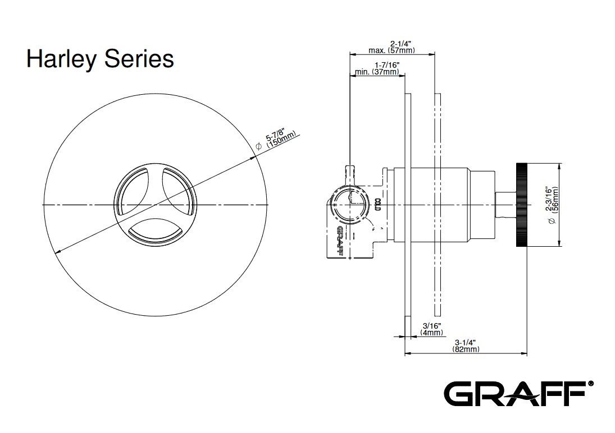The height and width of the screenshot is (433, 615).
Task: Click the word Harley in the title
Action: tap(60, 59)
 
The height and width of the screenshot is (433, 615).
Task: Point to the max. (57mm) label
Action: tap(391, 50)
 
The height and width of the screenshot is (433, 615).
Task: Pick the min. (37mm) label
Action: tap(377, 72)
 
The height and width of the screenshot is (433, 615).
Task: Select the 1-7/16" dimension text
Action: tap(386, 65)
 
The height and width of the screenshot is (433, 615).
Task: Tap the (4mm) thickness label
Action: tap(431, 333)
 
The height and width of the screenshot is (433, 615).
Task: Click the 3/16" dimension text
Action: tap(431, 325)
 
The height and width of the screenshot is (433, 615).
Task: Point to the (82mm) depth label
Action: tap(466, 349)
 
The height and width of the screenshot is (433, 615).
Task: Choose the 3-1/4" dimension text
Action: tap(466, 342)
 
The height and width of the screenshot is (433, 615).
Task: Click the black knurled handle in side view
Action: tap(521, 204)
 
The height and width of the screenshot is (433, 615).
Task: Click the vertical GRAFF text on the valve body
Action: tap(339, 240)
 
